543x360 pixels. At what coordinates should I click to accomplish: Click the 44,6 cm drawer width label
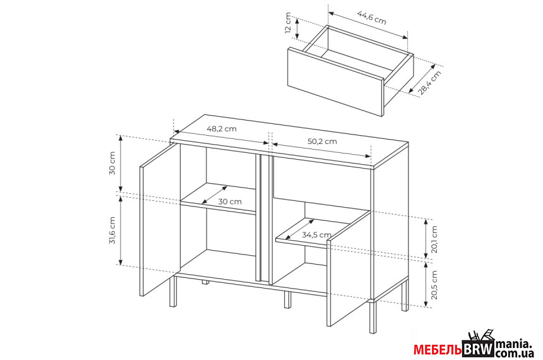tap(372, 18)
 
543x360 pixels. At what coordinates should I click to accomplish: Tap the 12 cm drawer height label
tap(288, 23)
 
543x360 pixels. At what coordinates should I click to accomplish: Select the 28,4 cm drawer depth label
tap(429, 83)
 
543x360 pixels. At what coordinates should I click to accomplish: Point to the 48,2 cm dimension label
tap(222, 129)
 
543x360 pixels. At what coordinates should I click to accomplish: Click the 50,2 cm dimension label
tap(322, 141)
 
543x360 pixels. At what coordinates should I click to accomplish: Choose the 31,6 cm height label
tap(112, 231)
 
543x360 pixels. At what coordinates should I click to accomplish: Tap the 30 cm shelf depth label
tap(230, 201)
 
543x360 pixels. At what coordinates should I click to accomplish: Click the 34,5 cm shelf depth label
tap(316, 234)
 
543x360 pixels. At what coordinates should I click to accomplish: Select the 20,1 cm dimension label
tap(434, 239)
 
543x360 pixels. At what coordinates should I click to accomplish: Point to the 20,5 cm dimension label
tap(434, 285)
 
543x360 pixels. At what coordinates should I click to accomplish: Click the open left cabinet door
tap(160, 220)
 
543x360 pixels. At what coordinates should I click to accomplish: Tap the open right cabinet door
tap(349, 268)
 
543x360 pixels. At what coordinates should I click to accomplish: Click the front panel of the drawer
tap(335, 81)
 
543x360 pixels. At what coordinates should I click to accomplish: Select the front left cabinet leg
tap(173, 291)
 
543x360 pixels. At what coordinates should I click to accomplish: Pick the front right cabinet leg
tap(373, 318)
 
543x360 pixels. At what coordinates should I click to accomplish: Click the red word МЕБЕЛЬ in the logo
tap(438, 350)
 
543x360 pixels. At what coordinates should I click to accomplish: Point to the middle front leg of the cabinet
tap(287, 300)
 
